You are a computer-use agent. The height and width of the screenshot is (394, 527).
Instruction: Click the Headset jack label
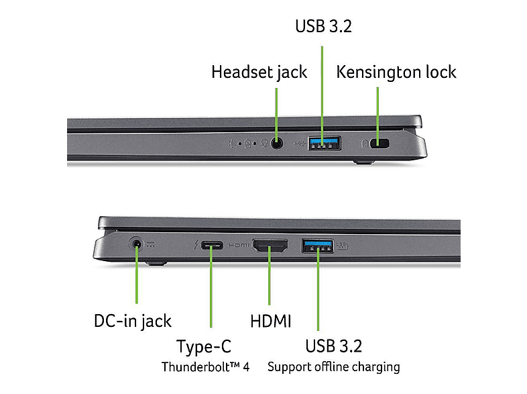coord(259,72)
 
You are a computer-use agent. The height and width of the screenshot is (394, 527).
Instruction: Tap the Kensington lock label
coord(396,72)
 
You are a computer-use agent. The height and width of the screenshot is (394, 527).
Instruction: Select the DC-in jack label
coord(133,320)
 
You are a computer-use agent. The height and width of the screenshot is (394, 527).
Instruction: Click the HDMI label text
coord(271,321)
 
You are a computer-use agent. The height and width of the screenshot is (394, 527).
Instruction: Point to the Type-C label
coord(204,346)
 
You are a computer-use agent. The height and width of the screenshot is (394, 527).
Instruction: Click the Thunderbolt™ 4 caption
coord(206,366)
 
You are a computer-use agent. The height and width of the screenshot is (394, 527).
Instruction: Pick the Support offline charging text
coord(334,366)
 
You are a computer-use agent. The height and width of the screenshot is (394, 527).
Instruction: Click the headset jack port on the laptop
coord(276,142)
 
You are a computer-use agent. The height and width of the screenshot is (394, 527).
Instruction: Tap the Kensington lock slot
coord(382,142)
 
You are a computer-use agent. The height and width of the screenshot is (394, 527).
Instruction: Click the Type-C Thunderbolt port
coord(211,246)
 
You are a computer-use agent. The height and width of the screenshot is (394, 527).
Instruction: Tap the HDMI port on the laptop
coord(270,246)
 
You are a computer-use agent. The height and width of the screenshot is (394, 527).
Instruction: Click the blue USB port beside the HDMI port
coord(318,246)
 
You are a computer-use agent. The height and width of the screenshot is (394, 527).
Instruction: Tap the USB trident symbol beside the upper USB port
coord(298,142)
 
